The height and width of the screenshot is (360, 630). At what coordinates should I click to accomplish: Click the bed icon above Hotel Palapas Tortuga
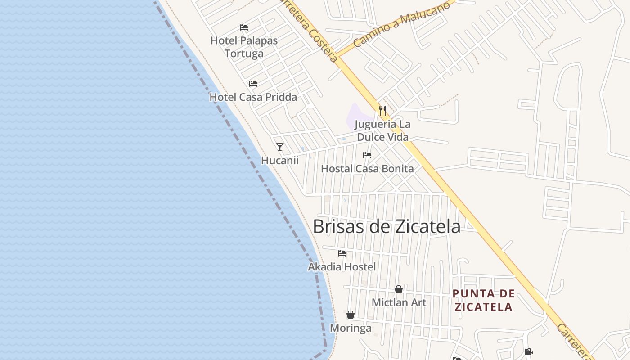pyautogui.click(x=244, y=27)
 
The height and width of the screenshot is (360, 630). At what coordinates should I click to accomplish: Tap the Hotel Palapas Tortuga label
pyautogui.click(x=244, y=47)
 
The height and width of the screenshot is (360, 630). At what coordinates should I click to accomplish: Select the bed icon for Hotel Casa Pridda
pyautogui.click(x=253, y=84)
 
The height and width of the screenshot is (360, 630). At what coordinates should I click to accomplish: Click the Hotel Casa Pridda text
pyautogui.click(x=253, y=97)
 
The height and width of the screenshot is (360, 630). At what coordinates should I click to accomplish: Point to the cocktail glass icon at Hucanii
pyautogui.click(x=280, y=147)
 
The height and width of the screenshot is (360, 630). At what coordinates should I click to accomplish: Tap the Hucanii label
pyautogui.click(x=280, y=160)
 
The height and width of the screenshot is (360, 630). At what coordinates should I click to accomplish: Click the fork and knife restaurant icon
pyautogui.click(x=382, y=110)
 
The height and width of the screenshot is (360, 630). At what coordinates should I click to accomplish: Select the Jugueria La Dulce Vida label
pyautogui.click(x=382, y=130)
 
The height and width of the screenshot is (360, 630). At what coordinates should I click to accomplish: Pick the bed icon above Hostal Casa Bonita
pyautogui.click(x=367, y=155)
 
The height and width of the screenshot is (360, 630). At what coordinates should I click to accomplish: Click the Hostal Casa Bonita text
pyautogui.click(x=367, y=169)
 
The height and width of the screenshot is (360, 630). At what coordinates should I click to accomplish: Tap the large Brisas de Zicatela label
pyautogui.click(x=387, y=226)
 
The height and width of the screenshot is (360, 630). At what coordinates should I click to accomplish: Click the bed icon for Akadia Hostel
pyautogui.click(x=342, y=253)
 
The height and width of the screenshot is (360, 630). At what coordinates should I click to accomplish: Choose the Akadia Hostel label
pyautogui.click(x=342, y=267)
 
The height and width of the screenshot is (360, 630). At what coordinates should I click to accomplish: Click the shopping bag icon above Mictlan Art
pyautogui.click(x=399, y=289)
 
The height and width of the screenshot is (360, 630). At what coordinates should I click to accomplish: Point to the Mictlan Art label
pyautogui.click(x=399, y=302)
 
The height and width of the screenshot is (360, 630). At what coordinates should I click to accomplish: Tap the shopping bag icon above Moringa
pyautogui.click(x=351, y=315)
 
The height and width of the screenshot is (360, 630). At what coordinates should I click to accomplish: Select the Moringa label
pyautogui.click(x=351, y=328)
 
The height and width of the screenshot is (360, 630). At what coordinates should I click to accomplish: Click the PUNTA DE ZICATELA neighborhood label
pyautogui.click(x=483, y=300)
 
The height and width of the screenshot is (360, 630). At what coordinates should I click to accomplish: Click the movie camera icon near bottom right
pyautogui.click(x=528, y=351)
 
